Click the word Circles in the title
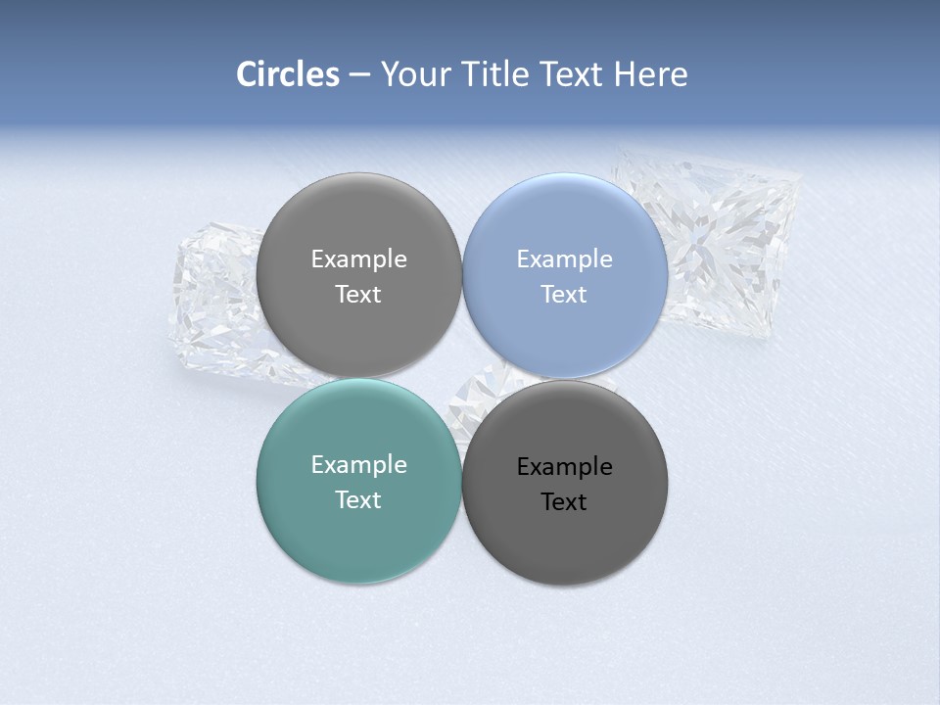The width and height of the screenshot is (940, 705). pos(288,74)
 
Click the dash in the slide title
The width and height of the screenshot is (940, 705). pos(359,75)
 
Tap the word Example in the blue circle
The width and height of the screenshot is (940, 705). pos(564,259)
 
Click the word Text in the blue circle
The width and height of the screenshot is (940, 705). pos(564,295)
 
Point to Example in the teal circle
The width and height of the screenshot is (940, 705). pos(358,465)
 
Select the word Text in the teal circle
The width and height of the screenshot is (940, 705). pos(358,500)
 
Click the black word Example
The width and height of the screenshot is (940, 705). pos(564,467)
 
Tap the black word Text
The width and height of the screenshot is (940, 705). pos(564,502)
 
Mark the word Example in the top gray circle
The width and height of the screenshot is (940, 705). pos(358,259)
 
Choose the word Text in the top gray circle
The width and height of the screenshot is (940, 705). pos(358,295)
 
